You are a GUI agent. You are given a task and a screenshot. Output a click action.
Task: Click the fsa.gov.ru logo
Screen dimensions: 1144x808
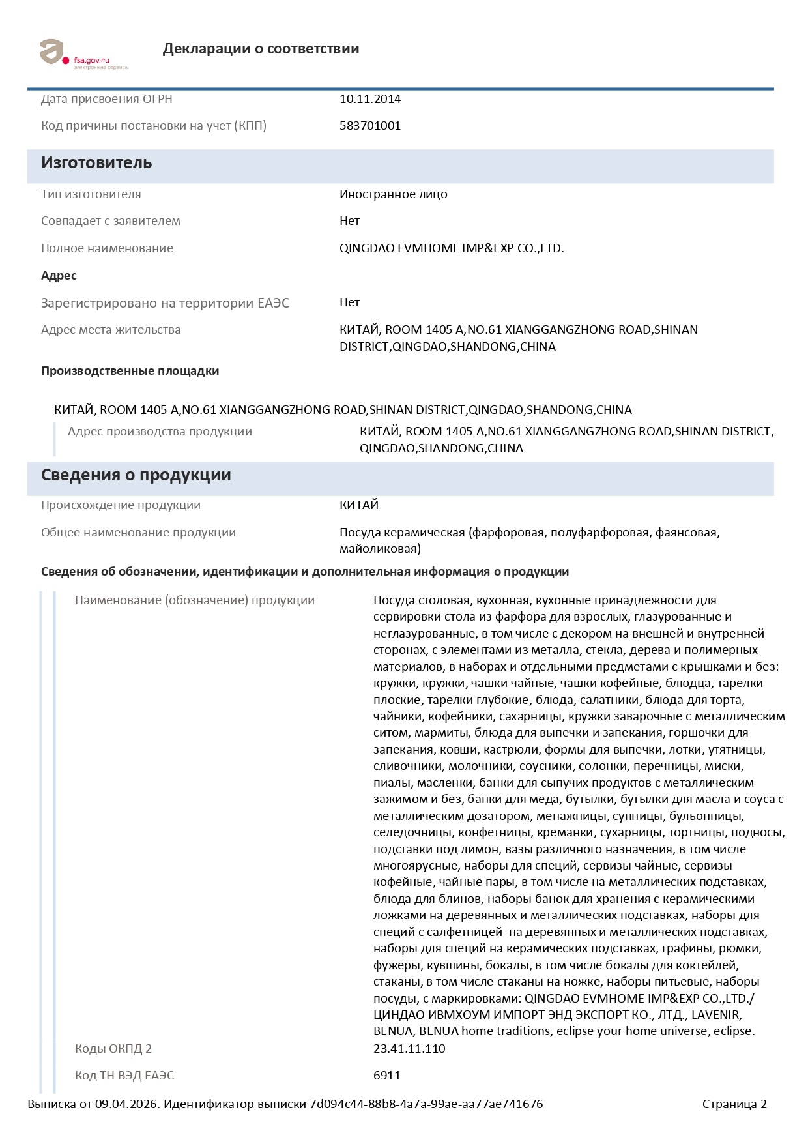(x=83, y=53)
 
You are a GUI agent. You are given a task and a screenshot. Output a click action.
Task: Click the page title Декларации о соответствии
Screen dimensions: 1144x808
(x=261, y=49)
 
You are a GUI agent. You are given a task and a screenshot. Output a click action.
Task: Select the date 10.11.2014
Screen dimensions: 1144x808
(x=369, y=99)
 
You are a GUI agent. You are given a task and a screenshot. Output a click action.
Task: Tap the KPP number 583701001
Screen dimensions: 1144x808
(x=369, y=126)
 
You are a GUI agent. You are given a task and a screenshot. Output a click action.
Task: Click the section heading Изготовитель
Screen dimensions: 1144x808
(x=96, y=163)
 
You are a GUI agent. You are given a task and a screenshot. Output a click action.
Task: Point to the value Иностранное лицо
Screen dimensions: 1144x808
(x=393, y=194)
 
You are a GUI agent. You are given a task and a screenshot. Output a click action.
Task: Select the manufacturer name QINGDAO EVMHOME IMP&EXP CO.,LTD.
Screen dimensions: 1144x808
(x=451, y=248)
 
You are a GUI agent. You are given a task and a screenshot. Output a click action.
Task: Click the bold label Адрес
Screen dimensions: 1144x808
(x=59, y=276)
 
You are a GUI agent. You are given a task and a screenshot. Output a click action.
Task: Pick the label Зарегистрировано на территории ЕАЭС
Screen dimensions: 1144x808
(x=165, y=303)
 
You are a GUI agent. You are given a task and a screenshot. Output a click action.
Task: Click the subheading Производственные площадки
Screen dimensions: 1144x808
(x=130, y=371)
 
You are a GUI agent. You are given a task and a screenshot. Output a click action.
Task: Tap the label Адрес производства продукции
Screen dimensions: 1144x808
(x=160, y=432)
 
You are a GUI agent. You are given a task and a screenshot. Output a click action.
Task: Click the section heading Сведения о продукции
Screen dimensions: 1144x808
(x=136, y=475)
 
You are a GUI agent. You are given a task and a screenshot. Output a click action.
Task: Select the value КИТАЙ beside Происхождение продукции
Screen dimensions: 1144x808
(x=358, y=505)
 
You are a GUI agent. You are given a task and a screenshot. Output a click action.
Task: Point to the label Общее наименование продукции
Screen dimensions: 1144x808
(x=138, y=533)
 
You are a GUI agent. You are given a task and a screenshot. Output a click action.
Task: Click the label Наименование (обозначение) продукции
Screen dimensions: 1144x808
(x=194, y=600)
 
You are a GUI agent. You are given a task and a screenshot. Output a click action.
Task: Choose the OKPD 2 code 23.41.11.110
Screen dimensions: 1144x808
(x=409, y=1049)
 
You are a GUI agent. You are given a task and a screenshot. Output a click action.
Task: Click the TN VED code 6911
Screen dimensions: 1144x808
(x=386, y=1076)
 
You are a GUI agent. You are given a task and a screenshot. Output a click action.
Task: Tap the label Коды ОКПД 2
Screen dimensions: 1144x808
(x=113, y=1049)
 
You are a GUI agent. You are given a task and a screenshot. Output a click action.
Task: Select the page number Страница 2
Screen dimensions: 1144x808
(x=734, y=1104)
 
